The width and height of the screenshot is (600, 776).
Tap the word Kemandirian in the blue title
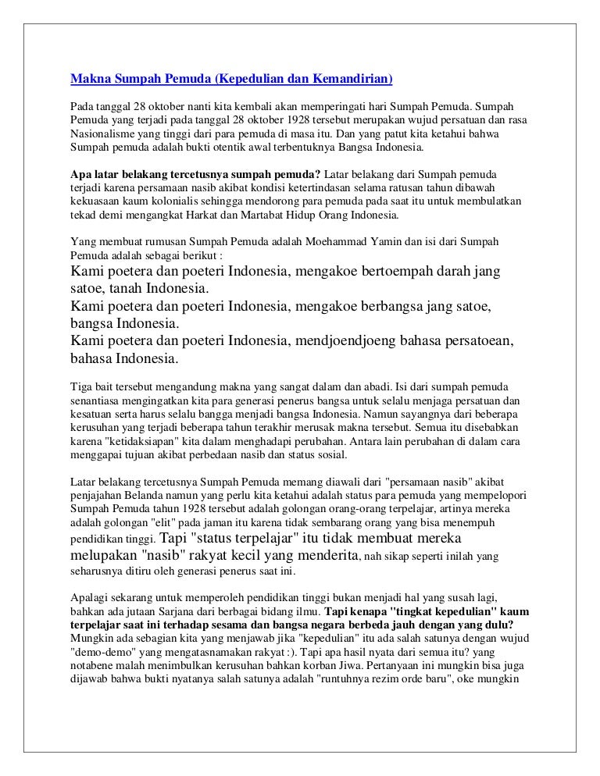pyautogui.click(x=349, y=80)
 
